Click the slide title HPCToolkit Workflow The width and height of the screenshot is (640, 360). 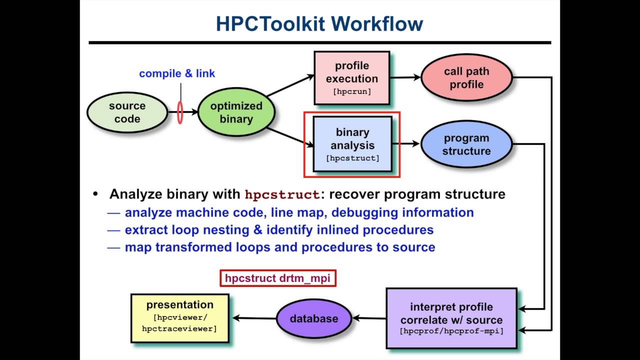(319, 24)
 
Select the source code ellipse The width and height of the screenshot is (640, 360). (127, 112)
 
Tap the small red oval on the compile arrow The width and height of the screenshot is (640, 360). (180, 113)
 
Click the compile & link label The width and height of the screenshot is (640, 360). (177, 73)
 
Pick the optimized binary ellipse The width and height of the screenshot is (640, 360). (236, 112)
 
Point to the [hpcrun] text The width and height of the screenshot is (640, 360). (352, 91)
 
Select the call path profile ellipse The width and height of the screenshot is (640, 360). (466, 78)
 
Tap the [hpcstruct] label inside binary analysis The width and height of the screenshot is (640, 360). (352, 158)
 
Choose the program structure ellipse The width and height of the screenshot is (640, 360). (466, 144)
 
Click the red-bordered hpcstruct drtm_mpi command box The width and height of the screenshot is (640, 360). (277, 278)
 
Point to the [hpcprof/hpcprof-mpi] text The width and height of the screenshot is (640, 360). (451, 331)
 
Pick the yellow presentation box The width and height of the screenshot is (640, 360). (179, 318)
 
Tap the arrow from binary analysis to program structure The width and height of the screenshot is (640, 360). (406, 144)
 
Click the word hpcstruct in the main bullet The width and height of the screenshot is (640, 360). (282, 194)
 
